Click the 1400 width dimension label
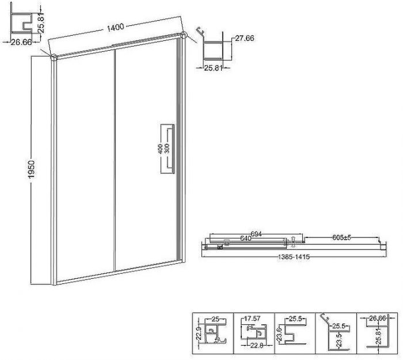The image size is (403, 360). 115,27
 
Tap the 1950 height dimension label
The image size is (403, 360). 31,169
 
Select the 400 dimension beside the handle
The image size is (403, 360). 160,149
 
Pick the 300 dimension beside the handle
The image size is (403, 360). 167,149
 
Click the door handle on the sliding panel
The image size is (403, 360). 172,149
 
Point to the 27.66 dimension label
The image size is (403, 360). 245,38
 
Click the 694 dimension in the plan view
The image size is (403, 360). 256,234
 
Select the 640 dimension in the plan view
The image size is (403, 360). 245,238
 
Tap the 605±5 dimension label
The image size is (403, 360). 341,237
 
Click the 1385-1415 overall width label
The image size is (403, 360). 294,257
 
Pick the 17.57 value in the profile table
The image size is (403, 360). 252,319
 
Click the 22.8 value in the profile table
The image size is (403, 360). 257,346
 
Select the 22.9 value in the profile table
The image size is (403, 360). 199,334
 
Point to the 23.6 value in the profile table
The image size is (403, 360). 280,333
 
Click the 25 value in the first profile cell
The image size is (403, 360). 215,319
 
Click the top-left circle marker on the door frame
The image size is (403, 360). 54,57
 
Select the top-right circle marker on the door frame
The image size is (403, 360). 184,35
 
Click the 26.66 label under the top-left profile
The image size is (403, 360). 21,42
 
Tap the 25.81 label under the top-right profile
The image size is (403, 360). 213,68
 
